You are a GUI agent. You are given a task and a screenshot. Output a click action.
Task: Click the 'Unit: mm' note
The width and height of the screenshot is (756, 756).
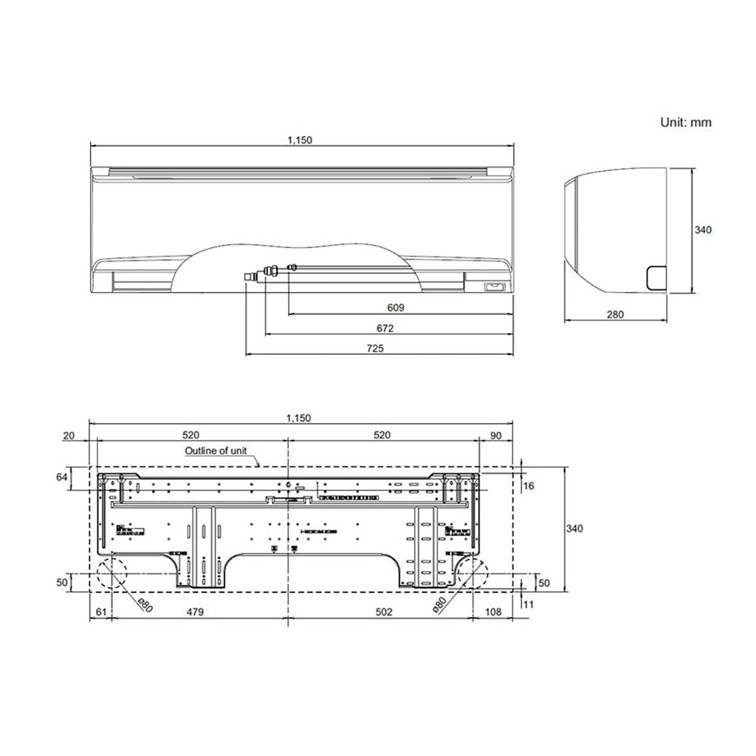pos(685,123)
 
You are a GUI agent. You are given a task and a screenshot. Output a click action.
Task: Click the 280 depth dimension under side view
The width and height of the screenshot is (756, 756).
pos(615,314)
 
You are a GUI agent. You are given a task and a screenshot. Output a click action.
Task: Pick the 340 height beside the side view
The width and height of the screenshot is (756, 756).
pos(703,230)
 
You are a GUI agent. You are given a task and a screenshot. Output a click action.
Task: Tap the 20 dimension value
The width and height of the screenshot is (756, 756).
pos(69,436)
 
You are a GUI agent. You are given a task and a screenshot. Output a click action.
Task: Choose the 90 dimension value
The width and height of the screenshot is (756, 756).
pos(495,436)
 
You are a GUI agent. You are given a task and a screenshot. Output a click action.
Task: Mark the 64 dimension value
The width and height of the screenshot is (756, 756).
pos(62,478)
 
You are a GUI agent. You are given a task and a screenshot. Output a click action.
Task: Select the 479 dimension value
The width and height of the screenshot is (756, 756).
pos(195,612)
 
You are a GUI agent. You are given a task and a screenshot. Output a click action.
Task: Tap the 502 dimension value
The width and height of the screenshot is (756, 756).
pos(383,612)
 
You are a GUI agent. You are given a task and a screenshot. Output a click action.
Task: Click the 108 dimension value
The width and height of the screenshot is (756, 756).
pos(493,612)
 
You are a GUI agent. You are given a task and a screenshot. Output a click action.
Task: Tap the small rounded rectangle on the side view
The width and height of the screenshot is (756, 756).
pos(655,277)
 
